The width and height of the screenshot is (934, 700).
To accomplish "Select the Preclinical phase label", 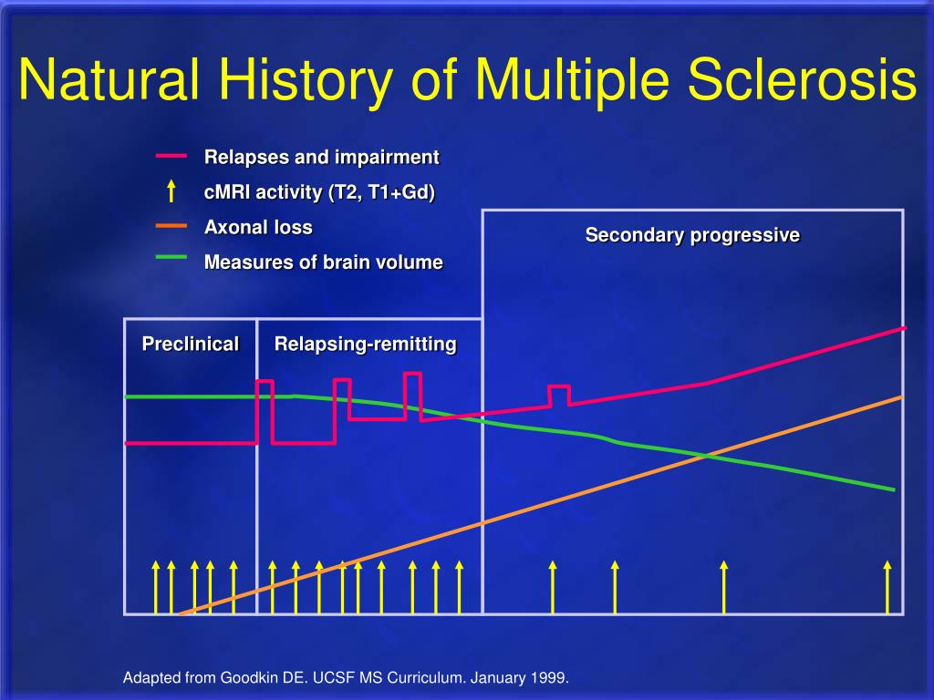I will [190, 344].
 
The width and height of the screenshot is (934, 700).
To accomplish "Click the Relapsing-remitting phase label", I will [365, 344].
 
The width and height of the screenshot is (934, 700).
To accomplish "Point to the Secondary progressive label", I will [692, 235].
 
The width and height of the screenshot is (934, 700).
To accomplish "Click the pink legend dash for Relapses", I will [171, 156].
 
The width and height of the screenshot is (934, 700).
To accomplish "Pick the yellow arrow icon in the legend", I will [171, 191].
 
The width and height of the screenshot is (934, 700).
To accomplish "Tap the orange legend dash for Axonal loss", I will [171, 224].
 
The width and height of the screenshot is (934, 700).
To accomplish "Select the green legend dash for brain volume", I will [171, 258].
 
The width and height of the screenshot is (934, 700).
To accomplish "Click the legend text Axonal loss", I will [258, 228].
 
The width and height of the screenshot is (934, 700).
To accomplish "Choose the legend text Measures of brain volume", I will [323, 262].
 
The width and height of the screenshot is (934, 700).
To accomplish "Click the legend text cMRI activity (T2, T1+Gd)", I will [319, 192].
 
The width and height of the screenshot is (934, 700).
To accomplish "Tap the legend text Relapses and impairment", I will [321, 158].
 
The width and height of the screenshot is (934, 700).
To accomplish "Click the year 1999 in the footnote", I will [549, 678].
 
